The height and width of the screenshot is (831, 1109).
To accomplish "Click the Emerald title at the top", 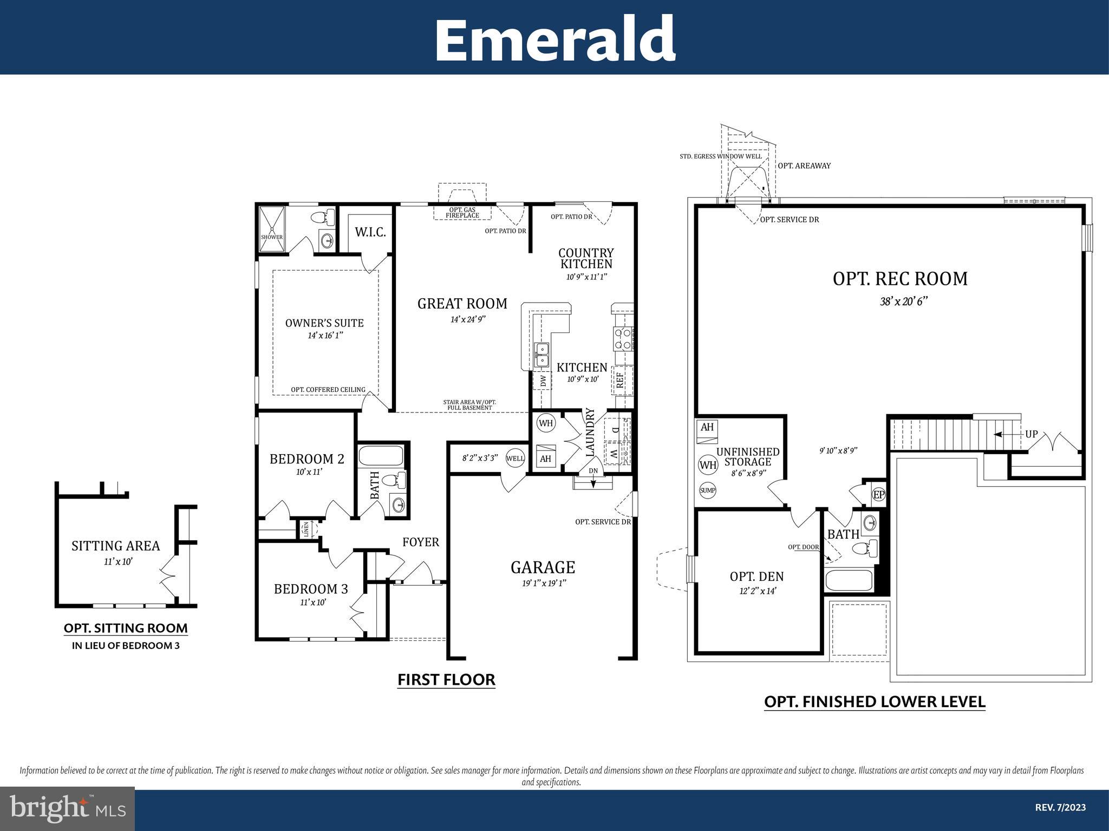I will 554,39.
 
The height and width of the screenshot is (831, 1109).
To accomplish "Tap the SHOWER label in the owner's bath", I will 272,237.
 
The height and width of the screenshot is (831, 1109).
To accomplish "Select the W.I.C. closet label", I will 370,232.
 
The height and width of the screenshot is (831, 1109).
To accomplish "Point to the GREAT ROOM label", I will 462,304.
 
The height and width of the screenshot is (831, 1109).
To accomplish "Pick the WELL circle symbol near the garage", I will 515,459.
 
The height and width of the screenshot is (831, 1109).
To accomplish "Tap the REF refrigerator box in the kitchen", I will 621,379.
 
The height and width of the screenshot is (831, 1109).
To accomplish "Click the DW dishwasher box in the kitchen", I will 542,381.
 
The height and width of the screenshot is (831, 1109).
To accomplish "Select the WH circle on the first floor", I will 546,423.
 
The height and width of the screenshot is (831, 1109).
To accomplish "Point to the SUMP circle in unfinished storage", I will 708,490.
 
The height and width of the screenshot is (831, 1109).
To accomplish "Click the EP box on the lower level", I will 878,494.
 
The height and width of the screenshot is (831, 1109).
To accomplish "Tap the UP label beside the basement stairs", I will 1032,434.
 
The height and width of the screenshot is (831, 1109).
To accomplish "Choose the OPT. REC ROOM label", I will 899,279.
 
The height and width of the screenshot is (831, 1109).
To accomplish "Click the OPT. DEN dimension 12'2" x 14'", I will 757,591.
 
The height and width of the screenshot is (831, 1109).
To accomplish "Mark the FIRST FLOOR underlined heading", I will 446,679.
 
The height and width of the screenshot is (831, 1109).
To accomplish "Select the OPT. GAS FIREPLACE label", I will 462,213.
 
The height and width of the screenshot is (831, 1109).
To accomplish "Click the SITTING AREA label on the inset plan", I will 116,546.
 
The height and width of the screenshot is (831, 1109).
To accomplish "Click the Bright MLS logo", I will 67,808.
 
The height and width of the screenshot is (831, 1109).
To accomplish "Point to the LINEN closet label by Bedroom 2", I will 306,529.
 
